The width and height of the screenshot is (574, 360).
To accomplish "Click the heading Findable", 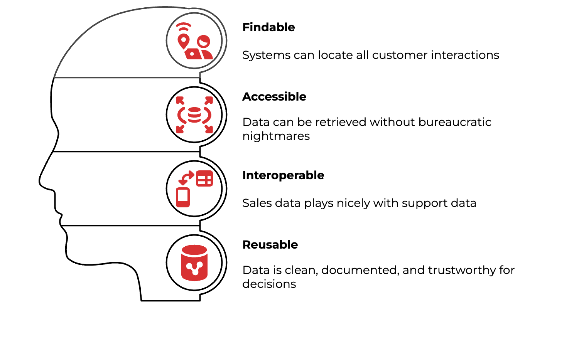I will pos(268,27).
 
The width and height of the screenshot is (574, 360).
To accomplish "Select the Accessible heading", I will pos(274,97).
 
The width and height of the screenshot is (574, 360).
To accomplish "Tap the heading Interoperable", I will pos(283,175).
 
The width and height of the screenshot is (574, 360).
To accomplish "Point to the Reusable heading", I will pos(270,245).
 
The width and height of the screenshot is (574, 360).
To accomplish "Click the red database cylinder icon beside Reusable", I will pos(194,262).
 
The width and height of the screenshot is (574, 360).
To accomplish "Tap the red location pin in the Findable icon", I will pos(183,41).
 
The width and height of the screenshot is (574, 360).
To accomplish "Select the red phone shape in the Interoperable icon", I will pos(183,197).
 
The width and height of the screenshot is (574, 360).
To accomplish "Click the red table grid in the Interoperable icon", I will pos(204,178).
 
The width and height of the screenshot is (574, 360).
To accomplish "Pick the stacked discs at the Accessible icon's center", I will pos(194,114).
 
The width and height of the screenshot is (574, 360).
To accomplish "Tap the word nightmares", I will pos(276,136).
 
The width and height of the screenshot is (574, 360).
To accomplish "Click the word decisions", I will pos(269,284).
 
